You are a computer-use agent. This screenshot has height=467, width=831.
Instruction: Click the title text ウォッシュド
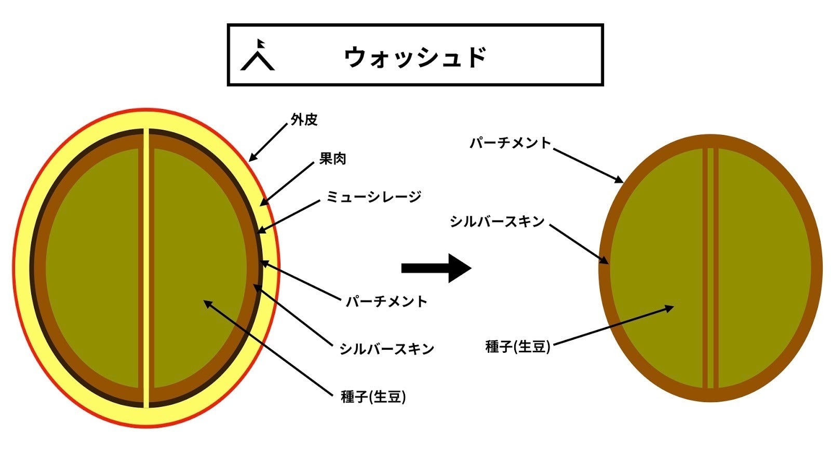point(415,57)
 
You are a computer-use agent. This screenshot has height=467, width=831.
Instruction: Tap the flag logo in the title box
point(258,55)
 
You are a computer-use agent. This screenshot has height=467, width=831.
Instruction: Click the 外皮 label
point(304,120)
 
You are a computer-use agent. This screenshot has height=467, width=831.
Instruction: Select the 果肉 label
point(332,159)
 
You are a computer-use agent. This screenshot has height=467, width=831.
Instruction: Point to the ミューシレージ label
point(373,197)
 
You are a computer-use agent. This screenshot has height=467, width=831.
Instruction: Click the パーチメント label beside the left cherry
point(386,301)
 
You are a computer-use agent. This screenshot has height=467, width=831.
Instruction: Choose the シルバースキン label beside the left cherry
point(386,349)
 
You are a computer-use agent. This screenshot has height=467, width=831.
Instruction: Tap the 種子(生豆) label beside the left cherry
point(373,397)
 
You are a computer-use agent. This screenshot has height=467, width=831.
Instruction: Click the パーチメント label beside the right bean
point(511,143)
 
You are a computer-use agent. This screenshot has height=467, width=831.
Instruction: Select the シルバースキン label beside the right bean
point(497,222)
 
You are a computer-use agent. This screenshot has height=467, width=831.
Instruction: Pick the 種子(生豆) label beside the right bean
point(517,347)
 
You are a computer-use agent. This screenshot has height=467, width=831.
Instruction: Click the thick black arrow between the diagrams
point(436,268)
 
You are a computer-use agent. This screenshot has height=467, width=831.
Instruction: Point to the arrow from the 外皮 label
point(268,142)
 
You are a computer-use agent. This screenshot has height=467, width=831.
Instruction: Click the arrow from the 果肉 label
point(287,184)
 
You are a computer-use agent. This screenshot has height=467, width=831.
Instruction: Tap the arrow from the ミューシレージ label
point(288,217)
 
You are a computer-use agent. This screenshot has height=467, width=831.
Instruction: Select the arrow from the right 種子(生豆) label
point(613,325)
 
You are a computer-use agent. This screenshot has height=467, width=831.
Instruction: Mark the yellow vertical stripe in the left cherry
point(146,268)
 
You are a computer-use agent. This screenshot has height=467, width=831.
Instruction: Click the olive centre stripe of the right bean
point(711,268)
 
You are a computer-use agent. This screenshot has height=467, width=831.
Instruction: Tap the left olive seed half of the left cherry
point(93,268)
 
